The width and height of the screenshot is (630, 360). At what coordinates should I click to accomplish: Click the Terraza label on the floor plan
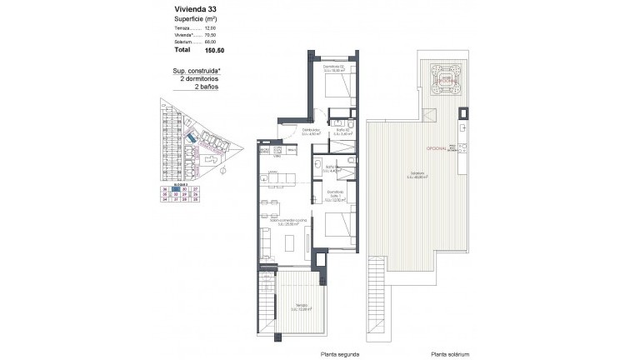(297, 309)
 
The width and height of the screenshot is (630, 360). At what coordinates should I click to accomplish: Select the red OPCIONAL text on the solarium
(437, 147)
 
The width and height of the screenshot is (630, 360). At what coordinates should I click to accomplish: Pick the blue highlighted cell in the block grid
(175, 190)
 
